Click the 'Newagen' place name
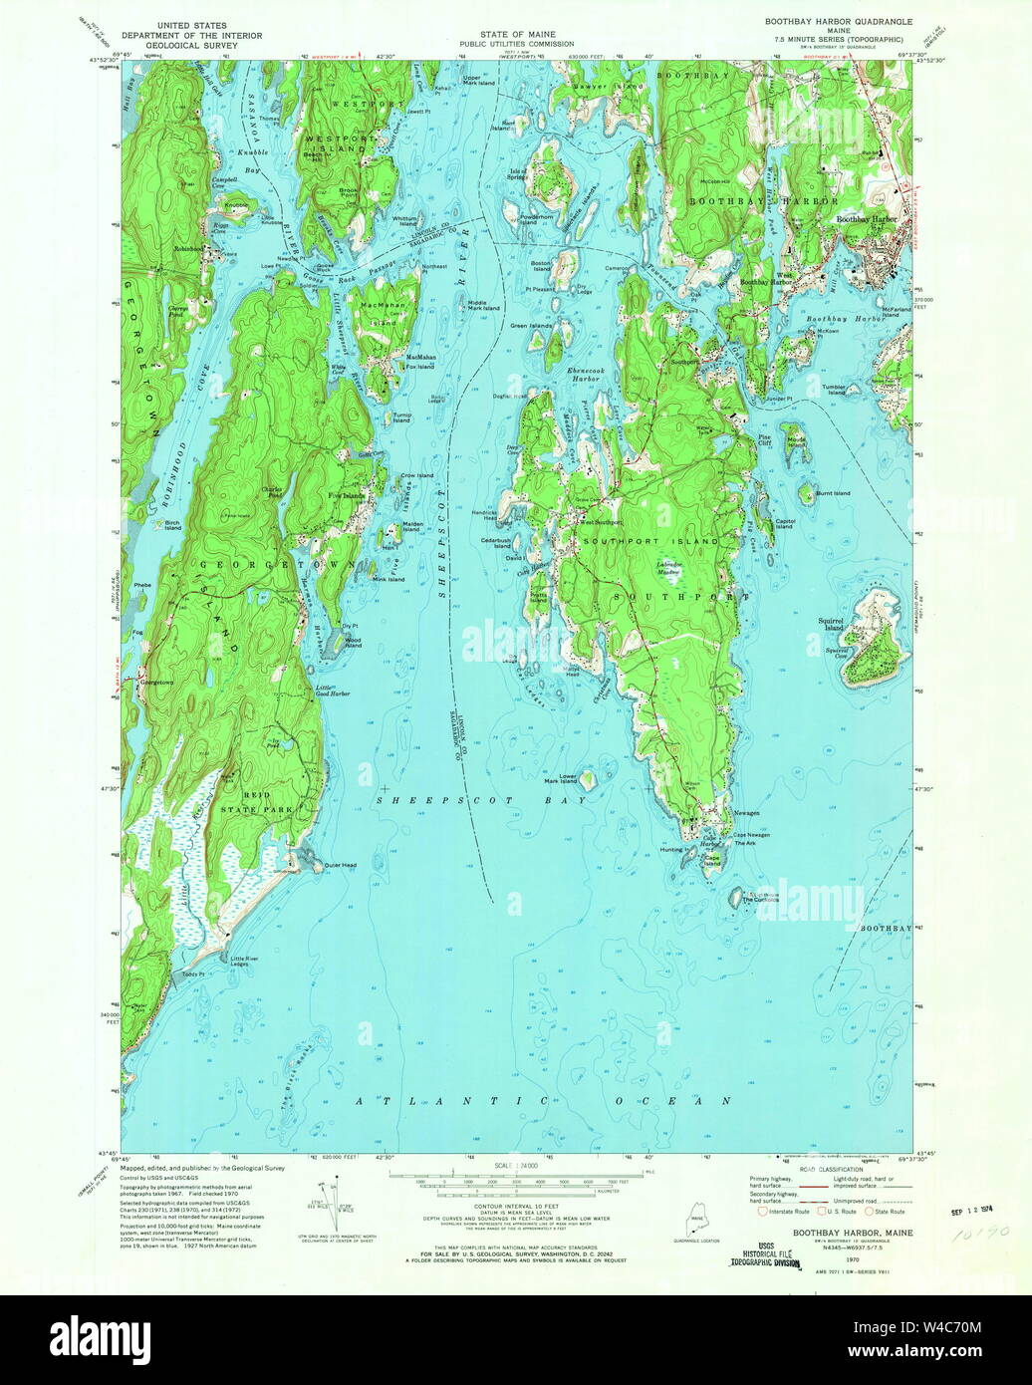[746, 814]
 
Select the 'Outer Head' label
[340, 865]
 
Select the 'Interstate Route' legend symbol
[763, 1212]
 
